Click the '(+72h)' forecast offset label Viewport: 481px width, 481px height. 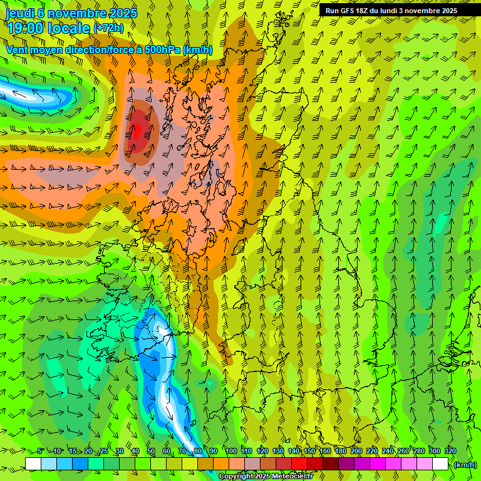(x=108, y=28)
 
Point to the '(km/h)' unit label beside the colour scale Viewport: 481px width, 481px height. (x=465, y=465)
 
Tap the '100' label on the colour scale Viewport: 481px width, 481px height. (x=230, y=452)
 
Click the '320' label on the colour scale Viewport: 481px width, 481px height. (x=450, y=452)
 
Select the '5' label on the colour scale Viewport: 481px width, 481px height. (x=41, y=452)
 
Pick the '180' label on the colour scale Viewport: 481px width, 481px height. (x=340, y=452)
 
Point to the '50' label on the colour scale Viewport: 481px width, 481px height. (x=151, y=452)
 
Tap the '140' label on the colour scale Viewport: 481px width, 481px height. (x=293, y=452)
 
